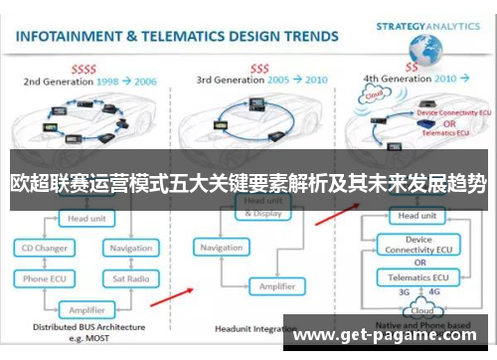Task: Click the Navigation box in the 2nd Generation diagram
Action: [x=130, y=248]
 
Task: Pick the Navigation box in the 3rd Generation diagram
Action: [x=222, y=247]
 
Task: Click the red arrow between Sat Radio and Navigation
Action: [x=180, y=293]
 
